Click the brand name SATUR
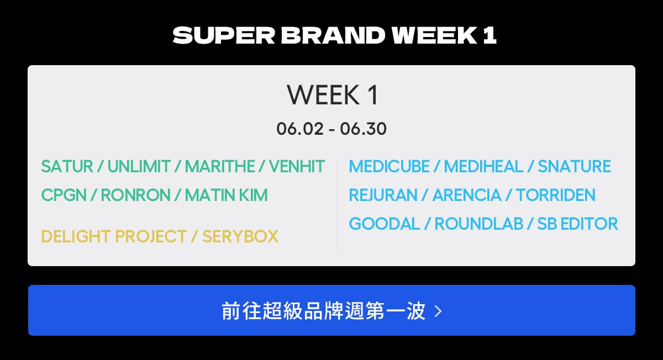pyautogui.click(x=67, y=166)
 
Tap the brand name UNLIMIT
pyautogui.click(x=139, y=166)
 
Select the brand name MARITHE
pyautogui.click(x=220, y=166)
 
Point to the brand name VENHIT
pyautogui.click(x=297, y=166)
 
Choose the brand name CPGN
pyautogui.click(x=64, y=195)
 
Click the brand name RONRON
pyautogui.click(x=135, y=195)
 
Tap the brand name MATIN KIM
pyautogui.click(x=226, y=195)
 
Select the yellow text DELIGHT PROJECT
pyautogui.click(x=114, y=236)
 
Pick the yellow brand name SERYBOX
pyautogui.click(x=240, y=236)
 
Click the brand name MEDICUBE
pyautogui.click(x=389, y=166)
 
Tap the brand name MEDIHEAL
pyautogui.click(x=483, y=166)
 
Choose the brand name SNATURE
pyautogui.click(x=574, y=166)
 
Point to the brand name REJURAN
pyautogui.click(x=383, y=195)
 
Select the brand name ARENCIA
pyautogui.click(x=467, y=195)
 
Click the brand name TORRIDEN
pyautogui.click(x=556, y=195)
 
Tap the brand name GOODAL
pyautogui.click(x=385, y=224)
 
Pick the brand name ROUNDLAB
pyautogui.click(x=478, y=224)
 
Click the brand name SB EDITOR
pyautogui.click(x=577, y=224)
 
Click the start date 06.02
pyautogui.click(x=300, y=129)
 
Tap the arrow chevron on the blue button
pyautogui.click(x=438, y=311)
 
